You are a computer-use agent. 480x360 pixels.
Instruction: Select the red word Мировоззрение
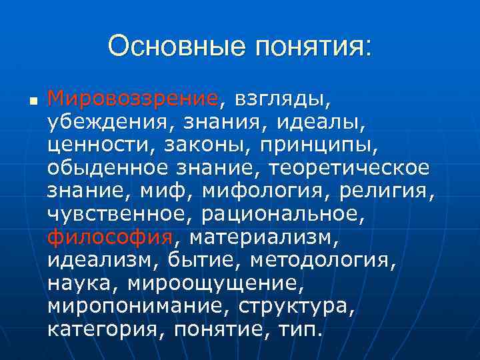(x=133, y=100)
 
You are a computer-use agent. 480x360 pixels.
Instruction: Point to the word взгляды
(x=279, y=100)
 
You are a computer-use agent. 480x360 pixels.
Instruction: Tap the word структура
(x=296, y=306)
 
